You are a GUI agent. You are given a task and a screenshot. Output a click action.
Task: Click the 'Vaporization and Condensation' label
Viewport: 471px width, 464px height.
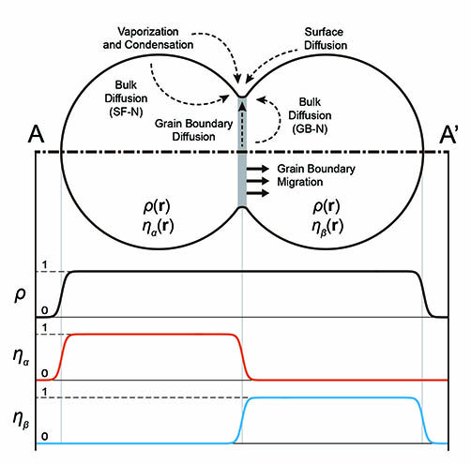point(148,38)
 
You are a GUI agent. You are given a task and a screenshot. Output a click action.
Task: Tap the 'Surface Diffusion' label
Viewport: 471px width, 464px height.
point(326,38)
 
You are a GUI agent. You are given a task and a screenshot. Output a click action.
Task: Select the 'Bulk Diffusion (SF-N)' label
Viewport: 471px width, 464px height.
point(126,98)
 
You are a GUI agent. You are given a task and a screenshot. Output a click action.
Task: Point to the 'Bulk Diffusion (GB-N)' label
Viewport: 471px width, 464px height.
point(310,115)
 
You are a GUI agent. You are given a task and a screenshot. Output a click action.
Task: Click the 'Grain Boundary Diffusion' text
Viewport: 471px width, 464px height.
point(193,130)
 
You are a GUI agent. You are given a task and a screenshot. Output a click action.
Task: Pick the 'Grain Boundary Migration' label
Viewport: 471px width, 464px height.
point(316,175)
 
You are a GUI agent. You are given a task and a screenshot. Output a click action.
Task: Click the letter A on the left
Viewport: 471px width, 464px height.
point(36,134)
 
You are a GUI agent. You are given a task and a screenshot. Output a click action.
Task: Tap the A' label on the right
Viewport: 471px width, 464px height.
point(448,135)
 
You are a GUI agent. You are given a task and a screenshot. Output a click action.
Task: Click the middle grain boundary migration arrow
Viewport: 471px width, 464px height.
point(258,181)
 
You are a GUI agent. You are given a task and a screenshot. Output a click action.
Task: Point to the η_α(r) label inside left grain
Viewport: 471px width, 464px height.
point(158,227)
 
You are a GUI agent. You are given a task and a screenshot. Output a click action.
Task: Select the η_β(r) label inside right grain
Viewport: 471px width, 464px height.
point(327,227)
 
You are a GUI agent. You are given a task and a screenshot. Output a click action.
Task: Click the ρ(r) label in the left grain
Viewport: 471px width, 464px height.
point(157,206)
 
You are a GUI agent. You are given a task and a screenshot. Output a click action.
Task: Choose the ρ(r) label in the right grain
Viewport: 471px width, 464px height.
point(327,206)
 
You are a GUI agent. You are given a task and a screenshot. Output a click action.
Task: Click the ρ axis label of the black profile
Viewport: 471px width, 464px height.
point(20,294)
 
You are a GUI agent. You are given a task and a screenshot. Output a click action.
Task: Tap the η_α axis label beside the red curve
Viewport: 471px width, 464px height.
point(22,356)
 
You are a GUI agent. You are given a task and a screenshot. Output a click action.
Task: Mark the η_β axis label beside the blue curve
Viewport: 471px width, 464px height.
point(22,419)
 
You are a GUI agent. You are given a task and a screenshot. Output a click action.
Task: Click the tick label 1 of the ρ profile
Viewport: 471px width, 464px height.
point(44,265)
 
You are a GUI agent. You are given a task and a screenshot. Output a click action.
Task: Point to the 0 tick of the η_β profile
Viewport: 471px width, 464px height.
point(45,436)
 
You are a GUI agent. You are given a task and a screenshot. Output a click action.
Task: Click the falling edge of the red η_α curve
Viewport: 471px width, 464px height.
point(244,357)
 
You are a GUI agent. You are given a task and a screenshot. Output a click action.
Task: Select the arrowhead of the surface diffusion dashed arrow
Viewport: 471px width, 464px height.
point(248,80)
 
